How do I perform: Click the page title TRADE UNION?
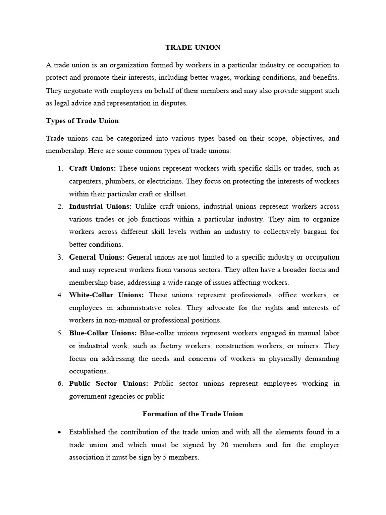click(193, 48)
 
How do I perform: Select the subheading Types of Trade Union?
click(82, 121)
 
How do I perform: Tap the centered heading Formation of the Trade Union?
click(193, 414)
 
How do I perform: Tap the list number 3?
click(60, 257)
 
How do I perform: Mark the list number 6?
click(60, 383)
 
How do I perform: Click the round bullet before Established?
click(60, 432)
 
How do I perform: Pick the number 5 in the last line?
click(164, 458)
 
